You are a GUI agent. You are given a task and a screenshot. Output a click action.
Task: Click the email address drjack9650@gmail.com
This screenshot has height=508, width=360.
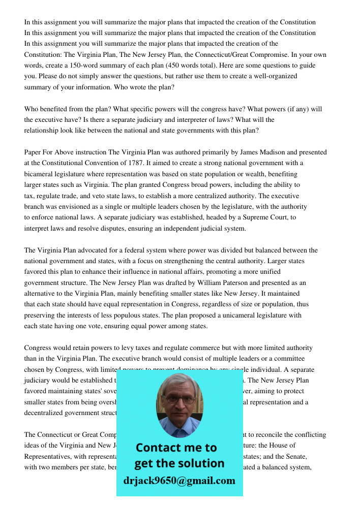[179, 481]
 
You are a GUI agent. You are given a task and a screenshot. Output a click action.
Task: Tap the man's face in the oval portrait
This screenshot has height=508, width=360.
[179, 401]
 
